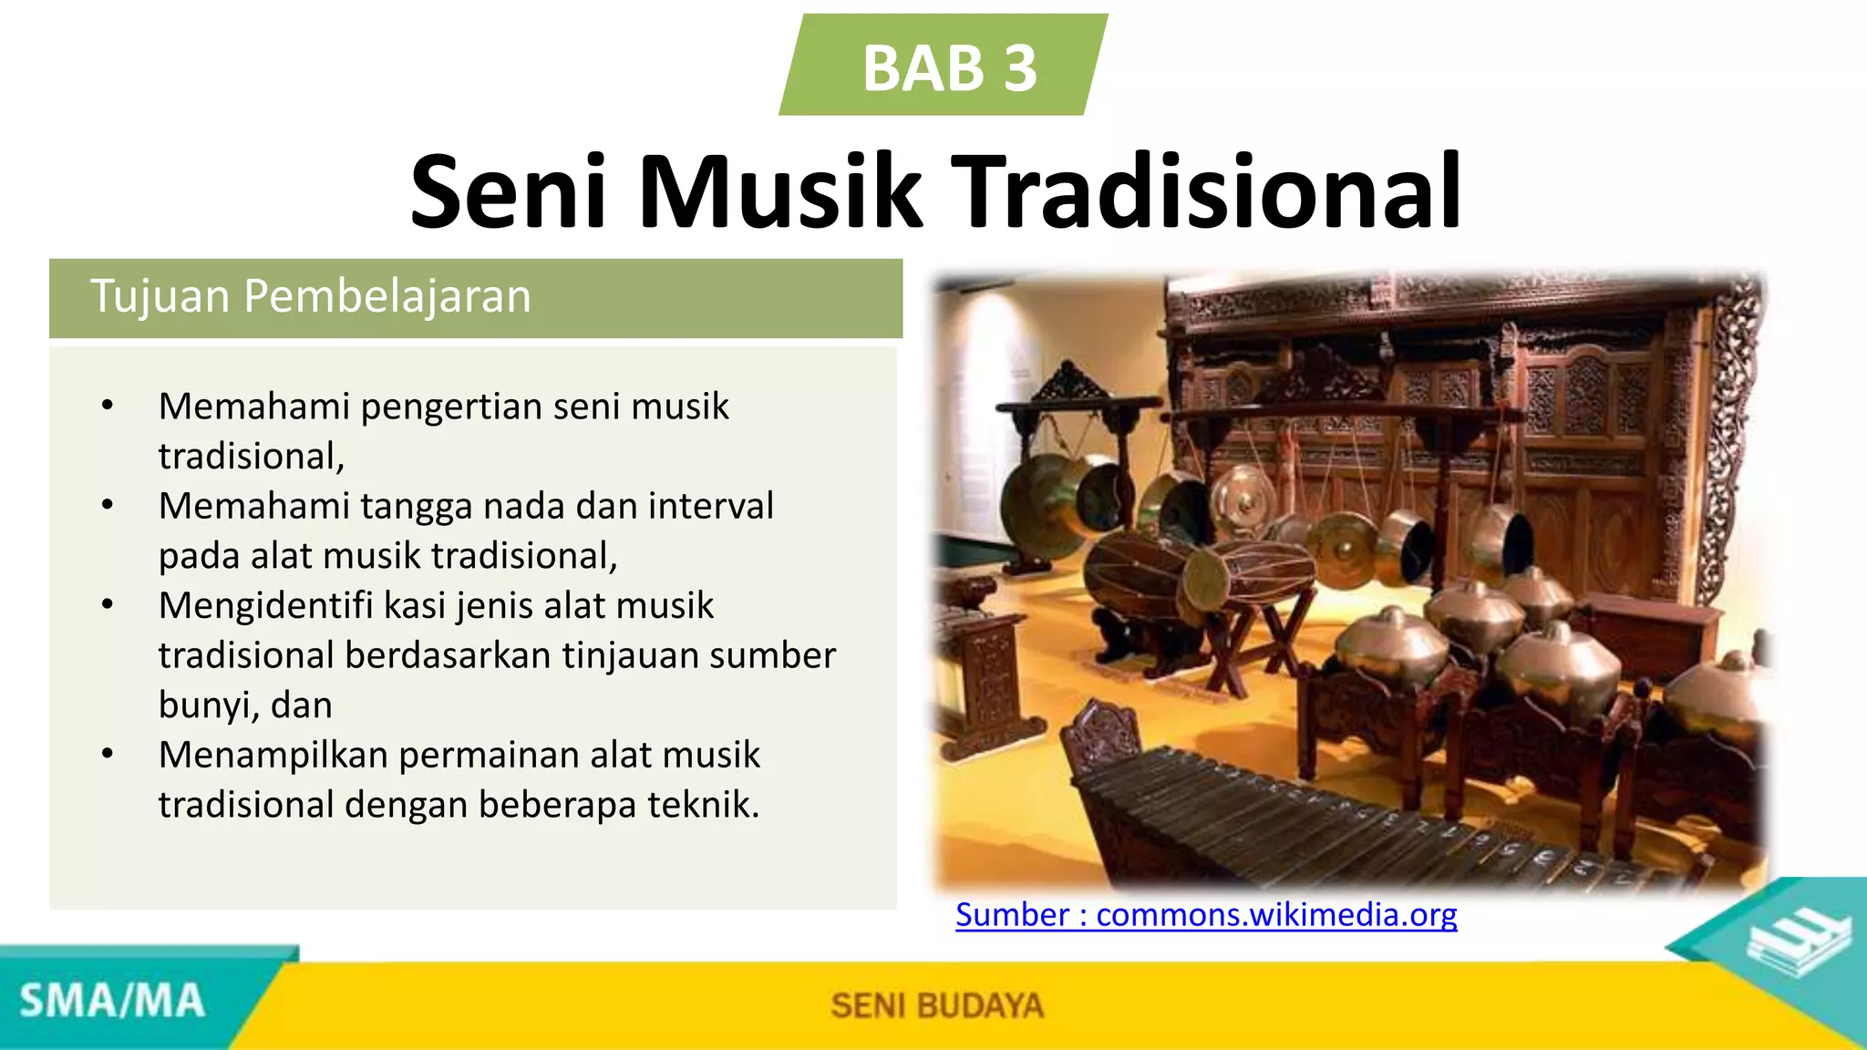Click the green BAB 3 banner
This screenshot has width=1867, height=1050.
(944, 66)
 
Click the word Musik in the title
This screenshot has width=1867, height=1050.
(779, 193)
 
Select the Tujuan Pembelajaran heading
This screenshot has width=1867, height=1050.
(310, 297)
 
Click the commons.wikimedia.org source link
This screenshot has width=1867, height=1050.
(1206, 914)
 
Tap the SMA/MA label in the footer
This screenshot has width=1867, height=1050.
(112, 1001)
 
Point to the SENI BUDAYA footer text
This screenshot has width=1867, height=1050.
(936, 1005)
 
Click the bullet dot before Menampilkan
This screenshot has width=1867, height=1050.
(108, 755)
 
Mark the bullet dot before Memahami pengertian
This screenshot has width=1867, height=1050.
(108, 406)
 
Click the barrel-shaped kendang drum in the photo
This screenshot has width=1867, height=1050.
(1203, 574)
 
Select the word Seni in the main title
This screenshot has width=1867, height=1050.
(507, 193)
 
